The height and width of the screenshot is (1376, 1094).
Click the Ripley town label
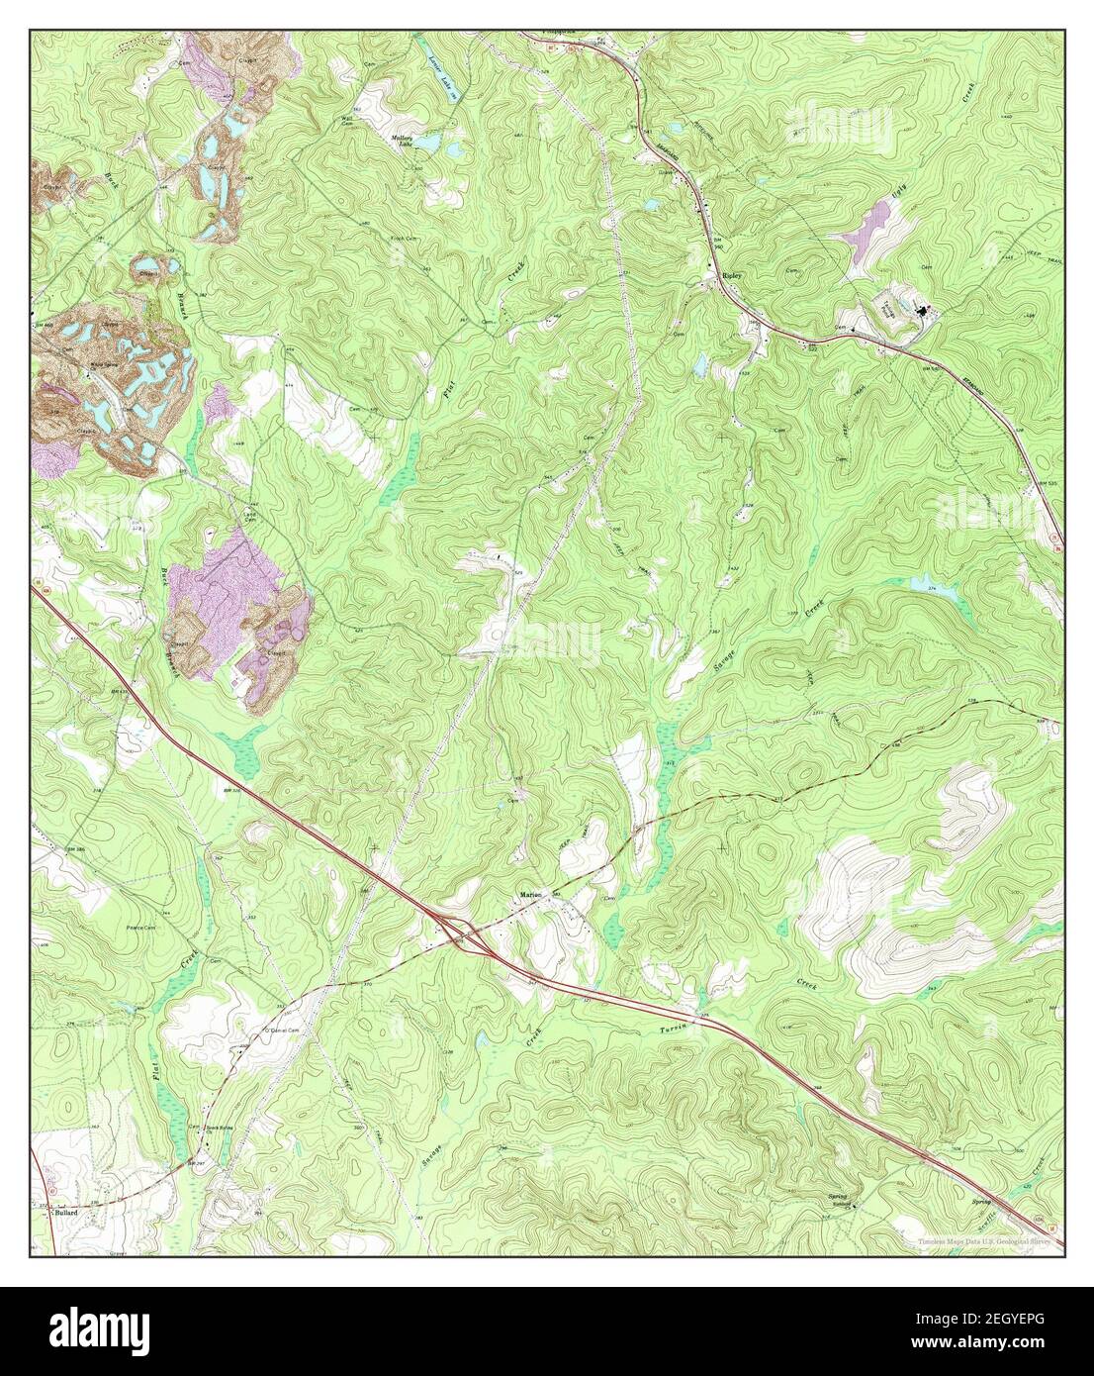coord(732,277)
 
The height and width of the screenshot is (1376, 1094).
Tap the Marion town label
coord(531,896)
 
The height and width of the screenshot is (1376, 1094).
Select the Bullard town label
coord(66,1211)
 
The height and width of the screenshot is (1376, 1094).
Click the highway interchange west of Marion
coord(458,931)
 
